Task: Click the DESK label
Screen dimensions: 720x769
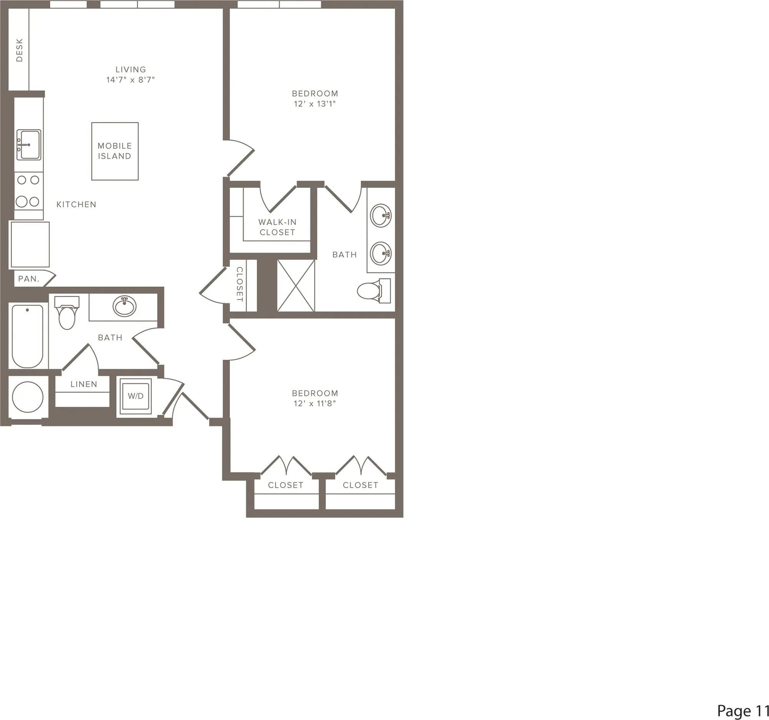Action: pos(19,50)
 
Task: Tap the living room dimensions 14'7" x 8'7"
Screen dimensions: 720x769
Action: pos(130,80)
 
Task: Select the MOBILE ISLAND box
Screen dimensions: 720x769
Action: pos(115,151)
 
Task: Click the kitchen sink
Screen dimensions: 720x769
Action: pos(29,145)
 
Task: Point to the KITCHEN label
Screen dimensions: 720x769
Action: pos(76,204)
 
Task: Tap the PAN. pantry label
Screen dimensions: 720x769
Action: pos(29,279)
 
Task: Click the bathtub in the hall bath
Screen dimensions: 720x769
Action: pos(27,336)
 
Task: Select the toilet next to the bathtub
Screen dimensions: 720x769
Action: pos(67,313)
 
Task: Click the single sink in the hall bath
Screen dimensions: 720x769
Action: pos(124,306)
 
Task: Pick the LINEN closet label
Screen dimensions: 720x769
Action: pos(83,384)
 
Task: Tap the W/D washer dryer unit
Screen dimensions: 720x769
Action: pos(135,396)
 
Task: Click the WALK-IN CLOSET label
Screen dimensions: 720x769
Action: pos(277,227)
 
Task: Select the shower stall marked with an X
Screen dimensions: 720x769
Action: pos(296,286)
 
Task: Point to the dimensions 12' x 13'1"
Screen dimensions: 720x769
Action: pos(315,104)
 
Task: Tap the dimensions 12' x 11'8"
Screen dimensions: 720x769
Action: pos(315,403)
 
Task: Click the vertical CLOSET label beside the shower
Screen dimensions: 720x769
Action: pos(240,284)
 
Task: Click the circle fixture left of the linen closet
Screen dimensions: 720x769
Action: pos(28,397)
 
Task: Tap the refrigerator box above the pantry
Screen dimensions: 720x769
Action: pos(30,244)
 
